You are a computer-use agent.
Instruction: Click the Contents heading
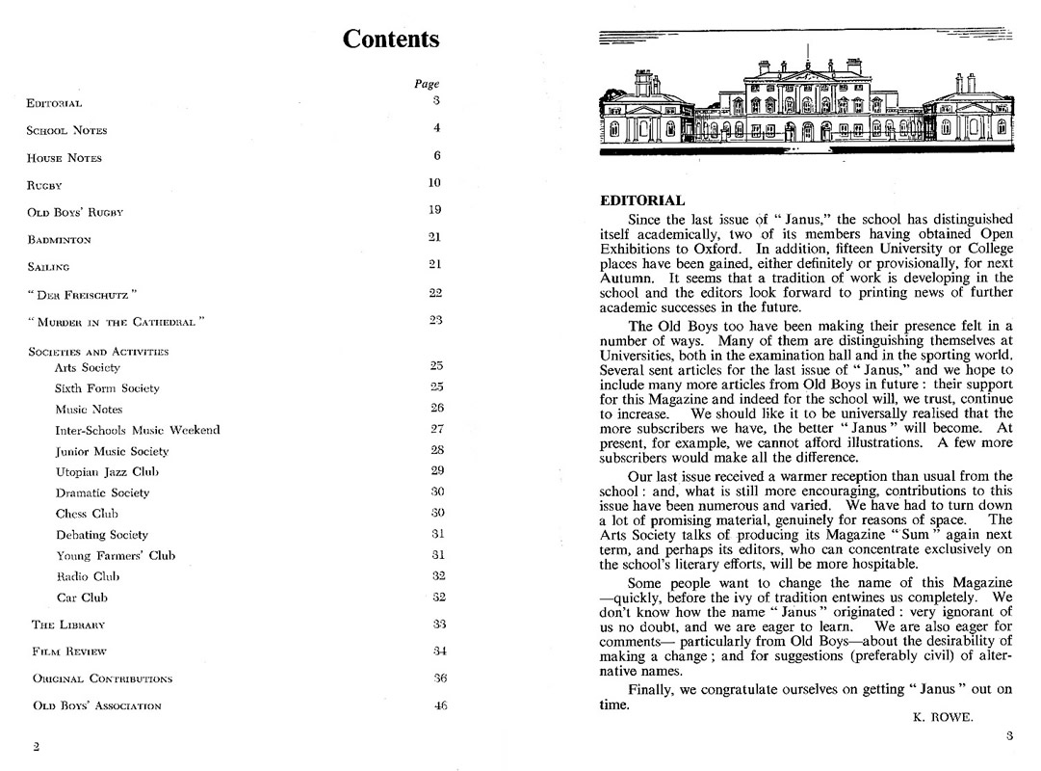point(391,40)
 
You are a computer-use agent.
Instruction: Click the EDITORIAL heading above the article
point(642,201)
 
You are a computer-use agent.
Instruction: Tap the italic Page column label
point(427,84)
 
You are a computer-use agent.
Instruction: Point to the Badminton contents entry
point(59,239)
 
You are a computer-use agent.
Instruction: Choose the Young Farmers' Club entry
point(115,555)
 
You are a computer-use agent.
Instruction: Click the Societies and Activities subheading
point(98,352)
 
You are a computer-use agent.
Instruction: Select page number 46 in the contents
point(440,705)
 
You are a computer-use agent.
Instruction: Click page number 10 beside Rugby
point(434,183)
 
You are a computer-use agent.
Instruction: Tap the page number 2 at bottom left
point(36,746)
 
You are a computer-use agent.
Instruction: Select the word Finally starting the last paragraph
point(652,690)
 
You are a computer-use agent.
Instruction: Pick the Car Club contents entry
point(81,598)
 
